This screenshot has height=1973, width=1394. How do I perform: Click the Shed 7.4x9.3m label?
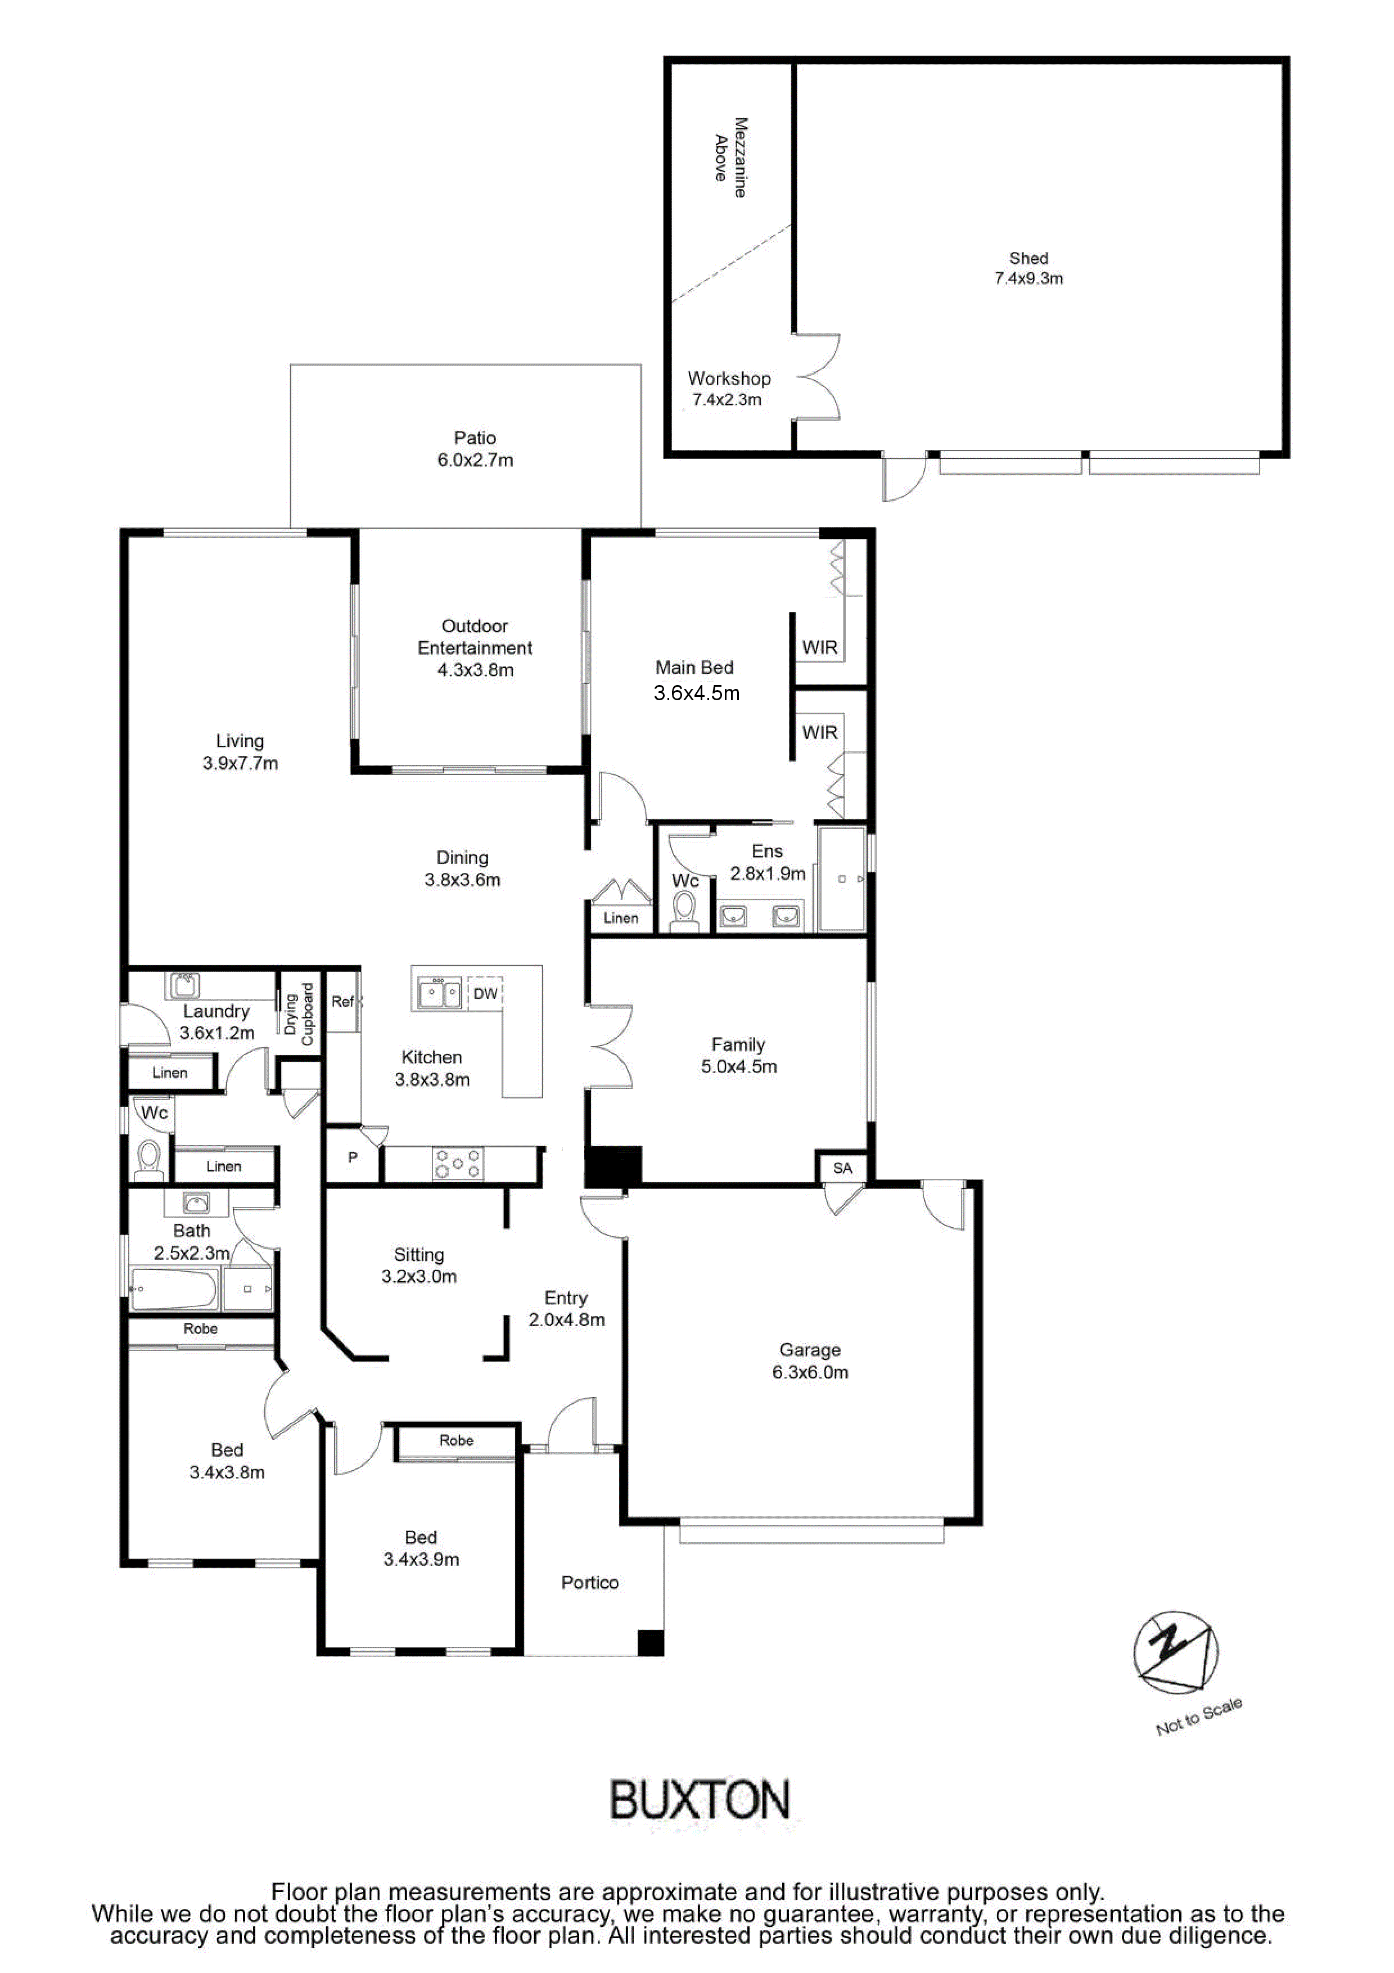point(1028,268)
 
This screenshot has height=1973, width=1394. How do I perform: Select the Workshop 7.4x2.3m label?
point(728,389)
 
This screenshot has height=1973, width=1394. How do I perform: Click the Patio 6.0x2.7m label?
point(475,449)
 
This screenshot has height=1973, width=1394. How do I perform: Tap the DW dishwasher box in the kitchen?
point(485,993)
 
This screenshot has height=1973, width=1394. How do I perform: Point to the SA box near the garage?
point(842,1168)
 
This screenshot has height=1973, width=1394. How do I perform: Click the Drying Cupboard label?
point(299,1014)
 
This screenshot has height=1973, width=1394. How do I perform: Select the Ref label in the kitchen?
point(342,1001)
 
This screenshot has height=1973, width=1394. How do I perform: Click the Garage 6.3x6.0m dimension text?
point(810,1372)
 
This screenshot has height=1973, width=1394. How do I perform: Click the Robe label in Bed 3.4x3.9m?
point(456,1440)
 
